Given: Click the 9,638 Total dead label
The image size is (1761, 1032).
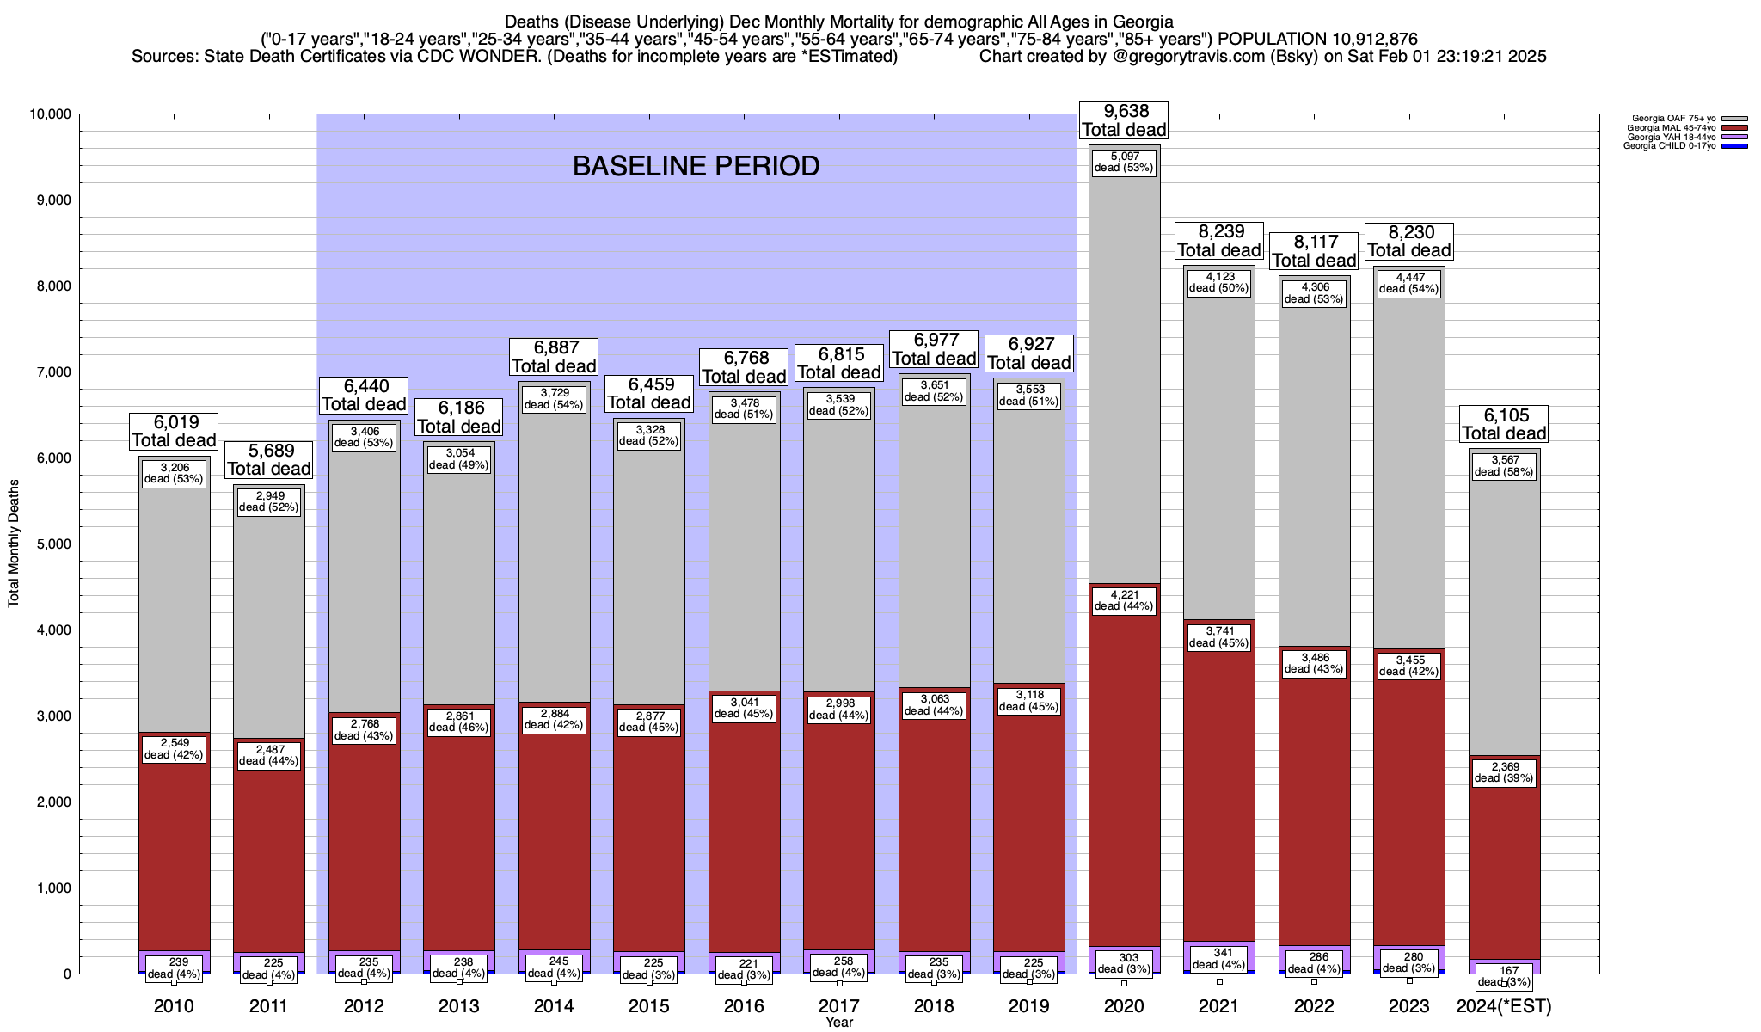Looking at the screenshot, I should (x=1124, y=120).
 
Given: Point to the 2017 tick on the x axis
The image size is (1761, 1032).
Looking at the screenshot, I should (x=839, y=1005).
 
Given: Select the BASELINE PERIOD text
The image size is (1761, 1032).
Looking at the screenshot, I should (x=696, y=166).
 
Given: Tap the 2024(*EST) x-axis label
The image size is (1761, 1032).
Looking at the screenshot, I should (x=1504, y=1005).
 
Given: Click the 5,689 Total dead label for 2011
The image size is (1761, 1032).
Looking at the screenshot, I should (x=269, y=459).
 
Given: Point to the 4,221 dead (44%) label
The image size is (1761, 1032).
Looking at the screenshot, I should (x=1124, y=600).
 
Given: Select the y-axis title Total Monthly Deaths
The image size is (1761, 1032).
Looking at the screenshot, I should (x=14, y=544).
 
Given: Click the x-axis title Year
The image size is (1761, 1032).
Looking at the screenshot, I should (x=839, y=1022).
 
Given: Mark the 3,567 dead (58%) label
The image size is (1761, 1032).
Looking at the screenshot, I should (x=1504, y=465).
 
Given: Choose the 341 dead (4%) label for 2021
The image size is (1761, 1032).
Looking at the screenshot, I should (x=1218, y=959).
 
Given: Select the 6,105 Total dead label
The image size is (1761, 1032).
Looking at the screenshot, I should (x=1504, y=424).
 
